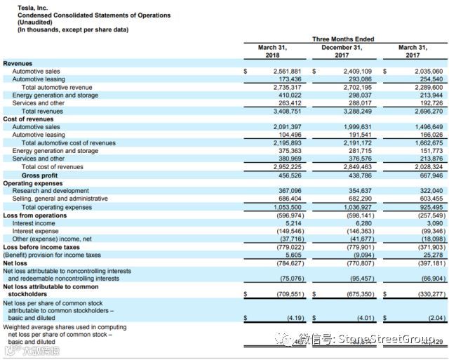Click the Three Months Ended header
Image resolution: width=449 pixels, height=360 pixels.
coord(342,39)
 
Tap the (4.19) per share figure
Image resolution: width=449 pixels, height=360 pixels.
coord(288,317)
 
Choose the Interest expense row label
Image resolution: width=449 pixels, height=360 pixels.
coord(35,231)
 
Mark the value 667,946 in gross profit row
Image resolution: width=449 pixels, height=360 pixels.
coord(429,176)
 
